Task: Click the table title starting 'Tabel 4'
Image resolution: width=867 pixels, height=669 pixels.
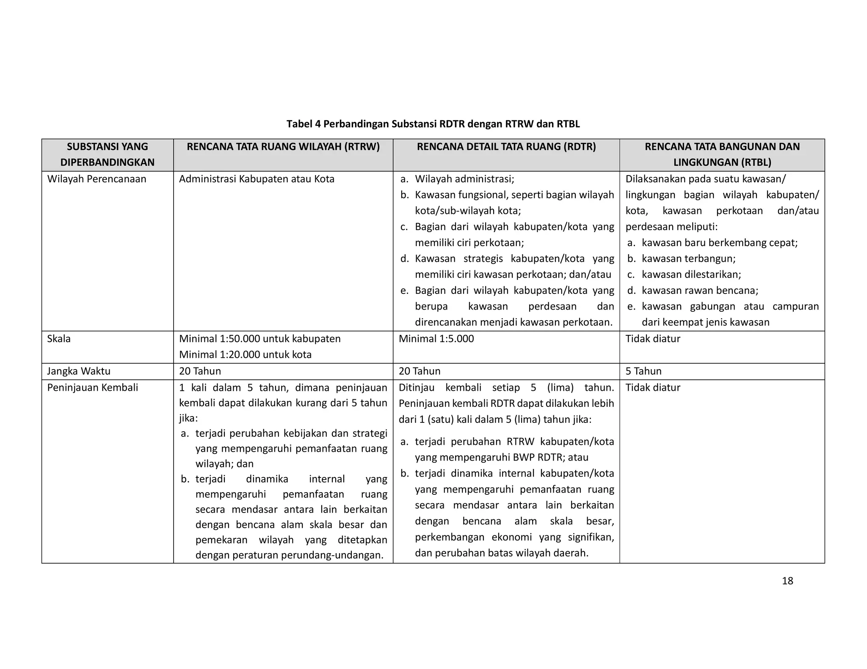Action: click(433, 124)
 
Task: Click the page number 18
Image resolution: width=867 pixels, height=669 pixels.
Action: click(787, 581)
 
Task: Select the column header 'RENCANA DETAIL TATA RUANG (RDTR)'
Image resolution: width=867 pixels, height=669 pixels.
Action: click(506, 147)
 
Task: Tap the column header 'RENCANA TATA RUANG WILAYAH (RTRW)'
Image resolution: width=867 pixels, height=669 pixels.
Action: click(283, 147)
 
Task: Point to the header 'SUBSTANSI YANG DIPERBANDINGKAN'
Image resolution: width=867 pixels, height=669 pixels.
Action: click(108, 154)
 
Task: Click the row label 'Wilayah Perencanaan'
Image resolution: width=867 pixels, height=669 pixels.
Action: click(97, 179)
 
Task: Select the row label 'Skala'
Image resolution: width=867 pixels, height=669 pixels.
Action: click(59, 339)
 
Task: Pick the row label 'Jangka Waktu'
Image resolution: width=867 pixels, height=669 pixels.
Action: click(78, 371)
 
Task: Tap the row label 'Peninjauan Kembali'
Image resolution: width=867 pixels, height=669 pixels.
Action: click(92, 388)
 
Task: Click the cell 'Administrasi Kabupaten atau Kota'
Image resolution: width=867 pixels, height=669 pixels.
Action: click(257, 179)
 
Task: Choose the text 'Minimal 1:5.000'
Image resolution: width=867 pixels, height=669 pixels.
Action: click(436, 339)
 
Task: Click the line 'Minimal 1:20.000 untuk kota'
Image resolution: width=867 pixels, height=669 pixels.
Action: click(245, 354)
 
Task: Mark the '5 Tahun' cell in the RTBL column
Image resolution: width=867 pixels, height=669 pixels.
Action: click(643, 371)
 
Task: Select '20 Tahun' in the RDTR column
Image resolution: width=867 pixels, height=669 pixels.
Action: click(419, 371)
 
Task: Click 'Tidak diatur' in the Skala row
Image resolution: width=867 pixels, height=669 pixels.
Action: click(652, 339)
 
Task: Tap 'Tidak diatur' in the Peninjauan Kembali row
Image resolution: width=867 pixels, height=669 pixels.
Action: click(652, 388)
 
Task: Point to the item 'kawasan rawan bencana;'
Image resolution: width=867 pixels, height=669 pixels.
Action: click(699, 291)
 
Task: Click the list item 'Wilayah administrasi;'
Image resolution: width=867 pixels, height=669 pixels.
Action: click(464, 179)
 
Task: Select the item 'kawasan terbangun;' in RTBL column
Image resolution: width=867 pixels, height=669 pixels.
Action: click(688, 259)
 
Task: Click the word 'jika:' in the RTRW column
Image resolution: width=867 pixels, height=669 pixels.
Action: click(188, 419)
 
